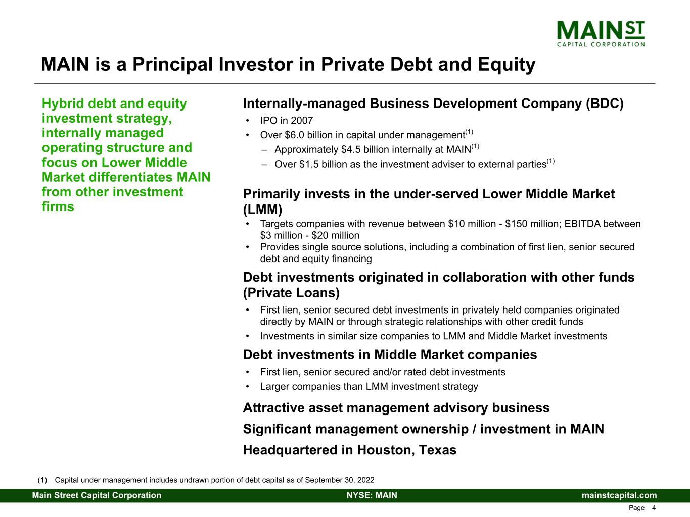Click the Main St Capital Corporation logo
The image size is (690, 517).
(x=601, y=34)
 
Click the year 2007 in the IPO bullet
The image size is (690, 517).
(x=302, y=121)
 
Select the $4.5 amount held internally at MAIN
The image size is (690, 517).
(x=351, y=150)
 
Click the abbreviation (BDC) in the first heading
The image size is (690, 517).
(x=605, y=104)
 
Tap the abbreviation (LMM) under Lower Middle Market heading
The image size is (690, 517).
(x=262, y=210)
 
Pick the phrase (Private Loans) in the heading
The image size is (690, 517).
(x=291, y=293)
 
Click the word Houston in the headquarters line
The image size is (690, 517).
(x=384, y=450)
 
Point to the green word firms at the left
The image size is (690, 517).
(x=58, y=207)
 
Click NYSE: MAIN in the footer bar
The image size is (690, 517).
(x=372, y=495)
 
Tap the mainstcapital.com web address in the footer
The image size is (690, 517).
(x=619, y=495)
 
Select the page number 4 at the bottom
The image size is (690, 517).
(x=654, y=508)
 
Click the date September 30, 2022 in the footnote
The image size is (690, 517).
(x=340, y=480)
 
